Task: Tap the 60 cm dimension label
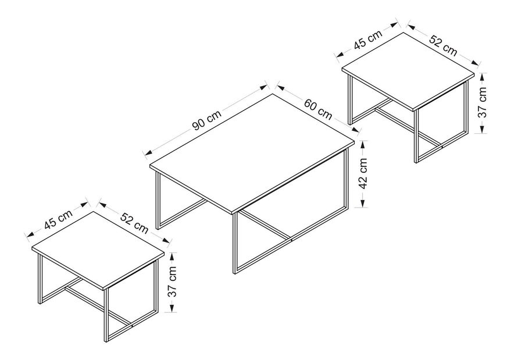[x=318, y=110]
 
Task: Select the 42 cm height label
[x=362, y=173]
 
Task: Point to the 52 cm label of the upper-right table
[x=443, y=44]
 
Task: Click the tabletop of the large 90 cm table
[x=250, y=151]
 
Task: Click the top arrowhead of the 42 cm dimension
[x=363, y=142]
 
